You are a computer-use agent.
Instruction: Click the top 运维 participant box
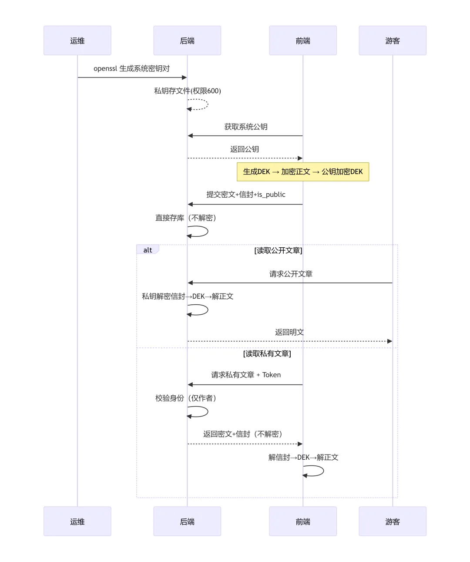point(77,40)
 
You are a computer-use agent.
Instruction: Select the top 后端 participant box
point(187,40)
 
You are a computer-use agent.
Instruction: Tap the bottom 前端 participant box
point(302,522)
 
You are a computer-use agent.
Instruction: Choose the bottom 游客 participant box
point(392,522)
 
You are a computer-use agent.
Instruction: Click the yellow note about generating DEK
point(302,172)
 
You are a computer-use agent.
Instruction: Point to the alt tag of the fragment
point(148,249)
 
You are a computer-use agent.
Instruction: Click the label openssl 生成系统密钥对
point(131,68)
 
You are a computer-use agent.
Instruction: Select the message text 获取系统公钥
point(245,127)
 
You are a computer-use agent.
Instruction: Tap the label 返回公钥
point(244,149)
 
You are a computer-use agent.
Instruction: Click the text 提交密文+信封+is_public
point(245,194)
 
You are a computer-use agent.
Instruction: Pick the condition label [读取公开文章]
point(278,250)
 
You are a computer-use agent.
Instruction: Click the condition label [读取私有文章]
point(267,353)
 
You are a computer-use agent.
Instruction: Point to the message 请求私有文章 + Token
point(245,375)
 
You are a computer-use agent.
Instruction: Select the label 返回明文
point(289,332)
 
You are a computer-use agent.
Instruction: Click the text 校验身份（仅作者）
point(186,398)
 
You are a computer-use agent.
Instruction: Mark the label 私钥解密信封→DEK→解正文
point(188,296)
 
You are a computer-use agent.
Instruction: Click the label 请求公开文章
point(291,274)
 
